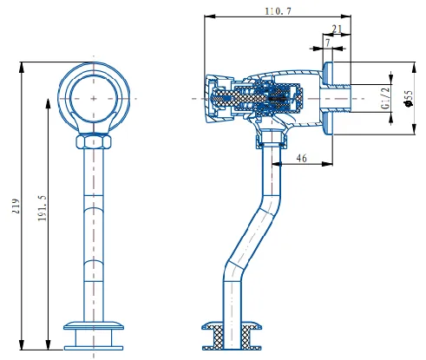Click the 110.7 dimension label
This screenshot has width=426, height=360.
279,11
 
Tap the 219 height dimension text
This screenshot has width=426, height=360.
16,206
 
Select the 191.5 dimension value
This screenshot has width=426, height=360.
43,208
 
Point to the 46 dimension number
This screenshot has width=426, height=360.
301,158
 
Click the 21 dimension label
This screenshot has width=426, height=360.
337,29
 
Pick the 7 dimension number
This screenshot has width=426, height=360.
327,43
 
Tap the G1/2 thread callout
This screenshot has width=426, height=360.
385,98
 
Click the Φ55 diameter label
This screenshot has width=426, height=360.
409,98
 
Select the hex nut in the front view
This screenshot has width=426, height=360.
94,141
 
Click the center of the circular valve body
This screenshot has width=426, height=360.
94,98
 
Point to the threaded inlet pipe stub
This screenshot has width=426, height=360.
336,99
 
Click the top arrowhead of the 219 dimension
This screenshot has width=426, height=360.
22,68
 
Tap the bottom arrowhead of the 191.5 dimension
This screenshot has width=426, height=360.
49,344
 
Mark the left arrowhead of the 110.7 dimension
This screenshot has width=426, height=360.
210,16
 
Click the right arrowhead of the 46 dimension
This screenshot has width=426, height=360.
327,164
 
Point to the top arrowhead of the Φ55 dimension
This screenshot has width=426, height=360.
415,68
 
